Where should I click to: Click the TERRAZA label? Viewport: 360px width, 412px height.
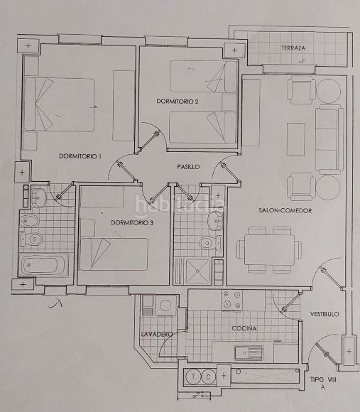[293, 48]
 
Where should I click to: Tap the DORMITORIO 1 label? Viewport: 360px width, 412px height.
[80, 156]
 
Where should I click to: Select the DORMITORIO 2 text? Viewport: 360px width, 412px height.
[178, 101]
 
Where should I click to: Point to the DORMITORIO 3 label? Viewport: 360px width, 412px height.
[132, 223]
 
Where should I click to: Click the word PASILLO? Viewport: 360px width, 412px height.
[188, 167]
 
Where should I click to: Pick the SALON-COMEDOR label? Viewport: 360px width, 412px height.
[285, 210]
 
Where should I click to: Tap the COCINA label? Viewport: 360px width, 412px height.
[244, 328]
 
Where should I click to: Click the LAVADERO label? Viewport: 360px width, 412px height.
[157, 335]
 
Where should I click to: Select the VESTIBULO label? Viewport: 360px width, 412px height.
[324, 314]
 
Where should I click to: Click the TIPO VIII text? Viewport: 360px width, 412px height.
[323, 380]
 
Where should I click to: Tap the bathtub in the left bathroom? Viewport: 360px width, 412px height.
[44, 265]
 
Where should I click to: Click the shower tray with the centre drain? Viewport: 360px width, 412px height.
[197, 271]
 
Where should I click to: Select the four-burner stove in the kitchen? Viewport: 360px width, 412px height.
[231, 300]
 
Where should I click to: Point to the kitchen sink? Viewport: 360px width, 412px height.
[249, 352]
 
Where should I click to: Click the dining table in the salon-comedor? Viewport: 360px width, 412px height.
[269, 249]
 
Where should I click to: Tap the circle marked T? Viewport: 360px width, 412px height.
[193, 376]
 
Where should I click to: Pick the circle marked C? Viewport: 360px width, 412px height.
[209, 376]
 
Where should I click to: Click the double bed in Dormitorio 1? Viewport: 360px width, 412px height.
[60, 104]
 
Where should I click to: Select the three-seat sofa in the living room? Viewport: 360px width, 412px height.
[329, 139]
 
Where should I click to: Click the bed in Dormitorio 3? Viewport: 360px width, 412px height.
[114, 254]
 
